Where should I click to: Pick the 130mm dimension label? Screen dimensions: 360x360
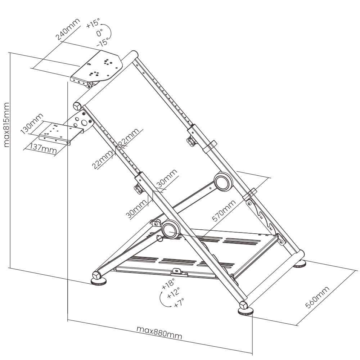32,123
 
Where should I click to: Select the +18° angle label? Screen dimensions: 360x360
168,284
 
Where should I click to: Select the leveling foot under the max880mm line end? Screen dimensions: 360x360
245,311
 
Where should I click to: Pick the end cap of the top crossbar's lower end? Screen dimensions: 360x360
77,106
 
